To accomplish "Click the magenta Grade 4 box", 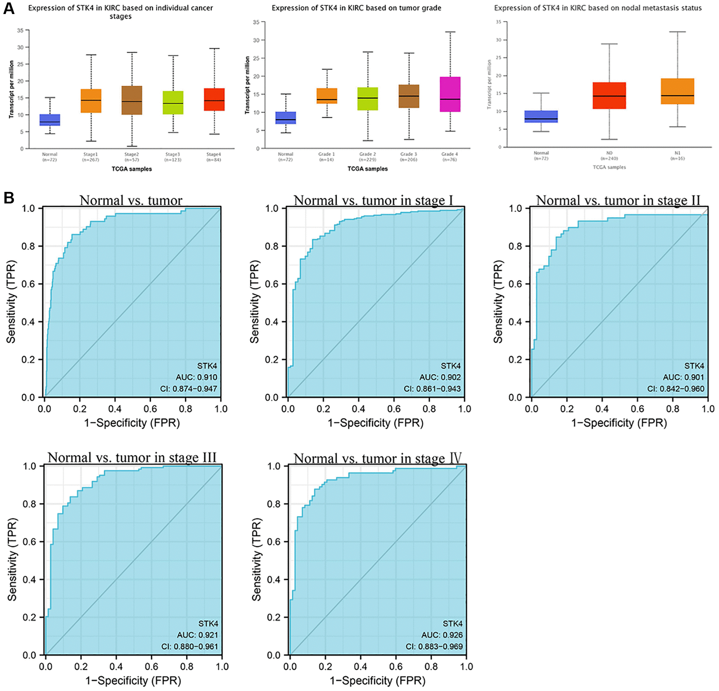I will point(450,94).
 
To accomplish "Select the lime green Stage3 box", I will point(173,102).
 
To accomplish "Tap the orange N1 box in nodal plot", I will point(677,91).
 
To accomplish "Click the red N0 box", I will point(609,95).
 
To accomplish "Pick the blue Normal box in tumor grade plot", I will point(285,118).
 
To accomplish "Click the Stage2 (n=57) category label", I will point(131,157).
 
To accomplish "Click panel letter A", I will point(8,8).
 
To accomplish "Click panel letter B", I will point(8,198).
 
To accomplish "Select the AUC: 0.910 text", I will point(196,377).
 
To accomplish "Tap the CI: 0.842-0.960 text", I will point(676,388).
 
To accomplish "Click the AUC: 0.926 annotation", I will point(442,635).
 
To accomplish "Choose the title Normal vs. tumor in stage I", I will point(373,200).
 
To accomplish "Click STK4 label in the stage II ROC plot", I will point(694,366).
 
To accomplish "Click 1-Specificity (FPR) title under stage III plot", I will point(133,681).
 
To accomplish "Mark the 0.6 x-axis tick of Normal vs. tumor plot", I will point(150,409).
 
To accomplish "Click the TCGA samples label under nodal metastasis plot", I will point(609,167).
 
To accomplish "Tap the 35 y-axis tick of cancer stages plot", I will point(20,31).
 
